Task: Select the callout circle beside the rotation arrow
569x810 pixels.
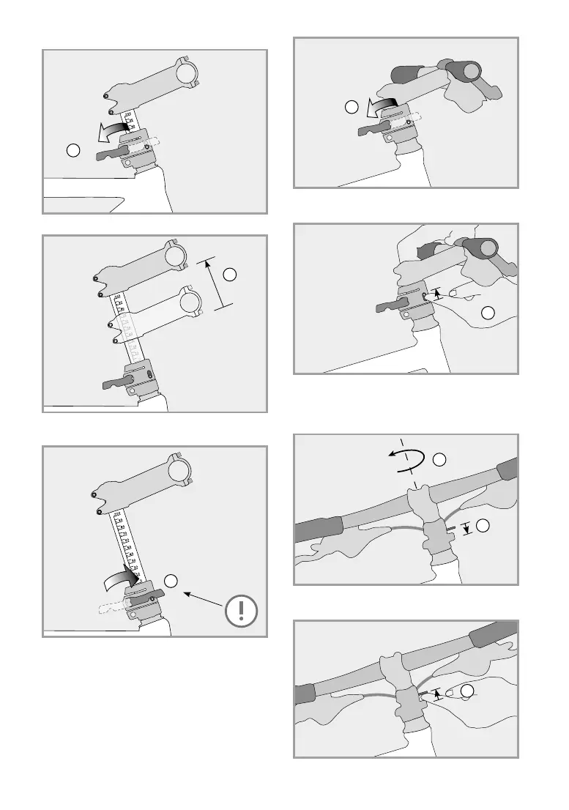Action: click(439, 460)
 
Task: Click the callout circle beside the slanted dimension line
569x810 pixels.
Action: click(230, 275)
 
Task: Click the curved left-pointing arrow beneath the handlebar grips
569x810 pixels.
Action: click(382, 108)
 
